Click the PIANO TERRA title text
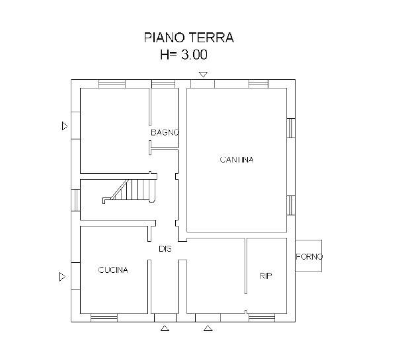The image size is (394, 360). [x=188, y=38]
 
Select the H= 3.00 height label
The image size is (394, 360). [x=184, y=54]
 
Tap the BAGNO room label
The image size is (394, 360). [x=165, y=132]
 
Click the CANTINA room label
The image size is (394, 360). [x=237, y=160]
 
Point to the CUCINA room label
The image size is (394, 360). [x=113, y=270]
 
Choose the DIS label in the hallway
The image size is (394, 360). [x=165, y=249]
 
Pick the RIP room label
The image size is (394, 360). [x=266, y=275]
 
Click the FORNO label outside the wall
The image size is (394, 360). [x=309, y=256]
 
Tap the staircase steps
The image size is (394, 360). [x=130, y=190]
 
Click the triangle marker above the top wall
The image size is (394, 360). [x=203, y=74]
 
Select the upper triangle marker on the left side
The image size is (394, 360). [x=65, y=126]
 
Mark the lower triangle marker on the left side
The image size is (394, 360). [x=62, y=277]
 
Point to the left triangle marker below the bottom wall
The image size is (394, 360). [x=165, y=328]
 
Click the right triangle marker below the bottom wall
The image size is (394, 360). [x=208, y=328]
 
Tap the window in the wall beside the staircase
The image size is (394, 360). [x=75, y=200]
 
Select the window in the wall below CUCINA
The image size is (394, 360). [x=104, y=318]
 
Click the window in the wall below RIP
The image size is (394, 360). [x=262, y=318]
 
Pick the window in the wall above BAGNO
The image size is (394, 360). [x=163, y=84]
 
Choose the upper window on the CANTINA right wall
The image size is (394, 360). [x=291, y=128]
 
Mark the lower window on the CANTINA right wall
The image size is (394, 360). [x=291, y=205]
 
